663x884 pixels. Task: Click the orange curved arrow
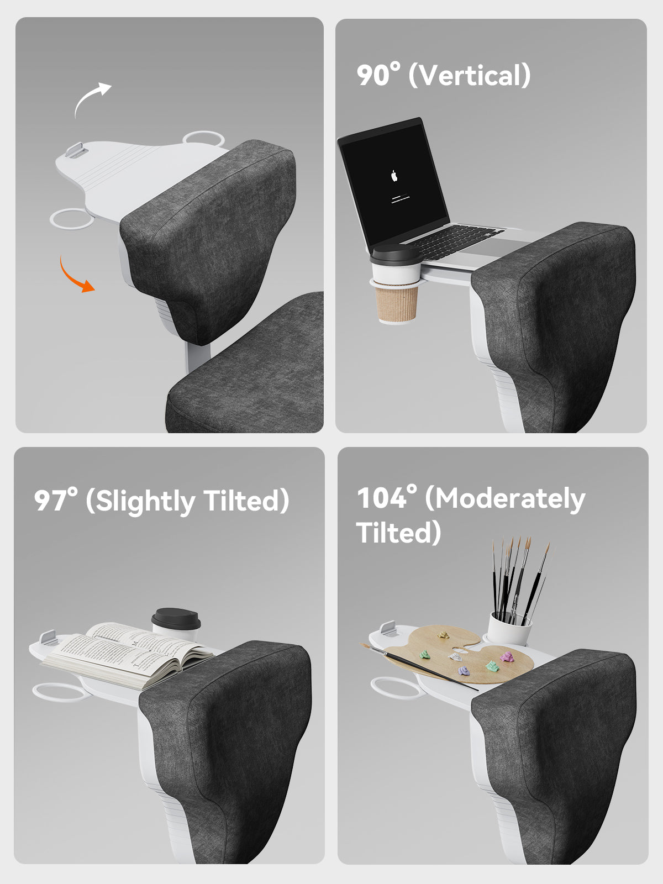72,278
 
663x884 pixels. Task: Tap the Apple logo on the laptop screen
394,176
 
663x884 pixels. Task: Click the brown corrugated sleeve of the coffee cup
397,303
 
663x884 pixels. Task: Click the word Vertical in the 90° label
470,75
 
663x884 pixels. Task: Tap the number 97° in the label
56,500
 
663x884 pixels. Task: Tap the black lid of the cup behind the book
176,619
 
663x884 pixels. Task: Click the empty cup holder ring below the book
60,692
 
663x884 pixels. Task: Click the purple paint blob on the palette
464,671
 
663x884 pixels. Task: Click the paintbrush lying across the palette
419,666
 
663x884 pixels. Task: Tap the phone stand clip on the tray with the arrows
76,150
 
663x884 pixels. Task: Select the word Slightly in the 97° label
145,502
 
